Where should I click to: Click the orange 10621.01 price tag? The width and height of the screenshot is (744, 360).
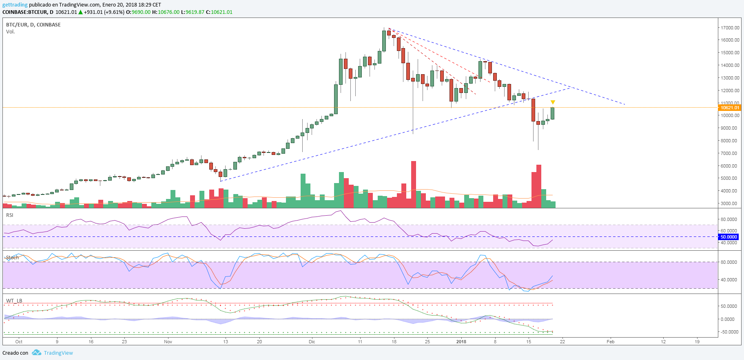pos(729,108)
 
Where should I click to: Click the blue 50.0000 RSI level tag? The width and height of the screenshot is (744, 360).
pos(728,237)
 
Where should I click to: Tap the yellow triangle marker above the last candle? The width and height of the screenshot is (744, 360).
pos(553,102)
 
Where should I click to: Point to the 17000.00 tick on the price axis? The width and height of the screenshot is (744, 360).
pos(730,28)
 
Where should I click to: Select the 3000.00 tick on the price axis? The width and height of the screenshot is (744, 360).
pos(730,203)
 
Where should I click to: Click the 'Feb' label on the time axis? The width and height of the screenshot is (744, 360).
pos(610,342)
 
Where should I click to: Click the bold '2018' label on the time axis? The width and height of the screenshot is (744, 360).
pos(461,342)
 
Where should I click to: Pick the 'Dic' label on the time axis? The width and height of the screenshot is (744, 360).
pos(312,342)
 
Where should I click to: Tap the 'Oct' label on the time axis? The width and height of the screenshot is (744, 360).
pos(19,342)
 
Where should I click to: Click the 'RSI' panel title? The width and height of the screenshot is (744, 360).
pos(10,215)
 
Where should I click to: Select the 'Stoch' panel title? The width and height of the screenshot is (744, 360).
pos(12,258)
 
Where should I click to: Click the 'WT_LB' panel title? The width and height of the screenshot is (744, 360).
pos(14,301)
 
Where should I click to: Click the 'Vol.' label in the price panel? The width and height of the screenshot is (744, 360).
pos(11,32)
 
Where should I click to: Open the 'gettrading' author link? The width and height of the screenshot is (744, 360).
pos(15,5)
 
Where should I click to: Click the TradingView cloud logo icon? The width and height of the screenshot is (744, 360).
pos(37,353)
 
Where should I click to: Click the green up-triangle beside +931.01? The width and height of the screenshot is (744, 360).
pos(81,12)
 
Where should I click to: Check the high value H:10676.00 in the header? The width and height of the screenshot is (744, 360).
pos(166,12)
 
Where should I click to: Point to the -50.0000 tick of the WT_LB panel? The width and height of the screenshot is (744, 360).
pos(729,332)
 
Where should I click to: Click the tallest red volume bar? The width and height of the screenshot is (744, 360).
pos(414,184)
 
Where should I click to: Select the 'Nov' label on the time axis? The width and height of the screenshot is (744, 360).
pos(168,342)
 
